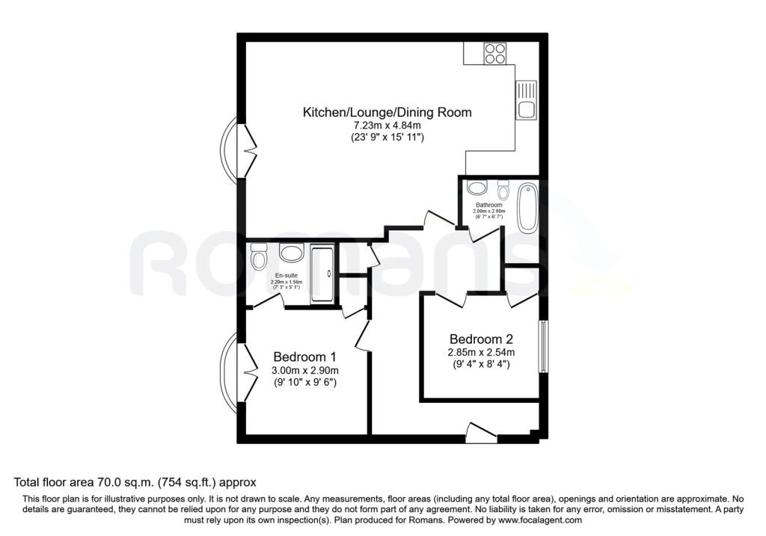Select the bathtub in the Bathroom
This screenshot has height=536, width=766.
pyautogui.click(x=527, y=207)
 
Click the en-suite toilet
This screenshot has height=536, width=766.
pyautogui.click(x=260, y=259)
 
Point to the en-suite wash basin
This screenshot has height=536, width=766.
pyautogui.click(x=290, y=253)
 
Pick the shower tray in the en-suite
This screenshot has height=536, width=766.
pyautogui.click(x=322, y=274)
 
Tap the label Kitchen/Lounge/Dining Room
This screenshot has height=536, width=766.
pyautogui.click(x=387, y=112)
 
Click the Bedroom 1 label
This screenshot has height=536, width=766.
pyautogui.click(x=304, y=357)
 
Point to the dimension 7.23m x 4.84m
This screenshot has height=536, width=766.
pyautogui.click(x=387, y=126)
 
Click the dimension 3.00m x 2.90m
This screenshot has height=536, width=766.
pyautogui.click(x=304, y=371)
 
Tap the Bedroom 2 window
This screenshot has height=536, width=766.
pyautogui.click(x=544, y=346)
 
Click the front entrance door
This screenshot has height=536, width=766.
pyautogui.click(x=479, y=432)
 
